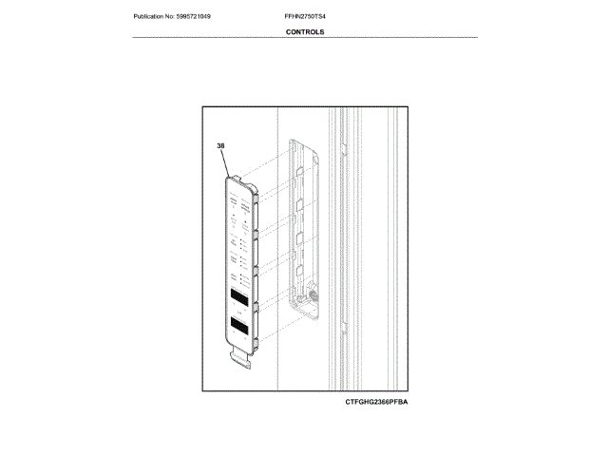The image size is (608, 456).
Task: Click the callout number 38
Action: (x=220, y=146)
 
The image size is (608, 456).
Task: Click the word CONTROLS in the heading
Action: (x=304, y=31)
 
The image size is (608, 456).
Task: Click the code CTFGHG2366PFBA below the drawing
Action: (x=382, y=402)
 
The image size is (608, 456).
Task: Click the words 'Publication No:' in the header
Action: (x=155, y=17)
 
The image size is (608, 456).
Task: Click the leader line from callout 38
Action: (x=227, y=162)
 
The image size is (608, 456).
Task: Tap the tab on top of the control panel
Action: (x=235, y=174)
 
